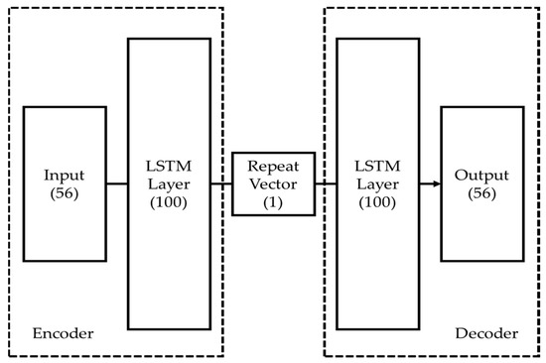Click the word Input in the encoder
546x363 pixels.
point(64,176)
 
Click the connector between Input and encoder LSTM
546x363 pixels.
point(116,183)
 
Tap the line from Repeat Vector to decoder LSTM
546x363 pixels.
point(325,183)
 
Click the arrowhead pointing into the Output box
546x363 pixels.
point(436,183)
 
